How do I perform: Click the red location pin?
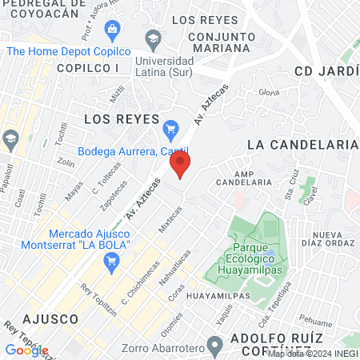point(181,166)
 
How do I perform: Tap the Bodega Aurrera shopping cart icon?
point(170,128)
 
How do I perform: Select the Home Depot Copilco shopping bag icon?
point(111,30)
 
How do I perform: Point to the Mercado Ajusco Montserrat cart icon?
point(111,260)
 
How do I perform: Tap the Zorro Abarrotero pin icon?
point(214,346)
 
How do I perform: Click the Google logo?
point(26,350)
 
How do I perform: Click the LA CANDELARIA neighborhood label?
point(302,144)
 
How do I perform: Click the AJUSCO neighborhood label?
point(50,318)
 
